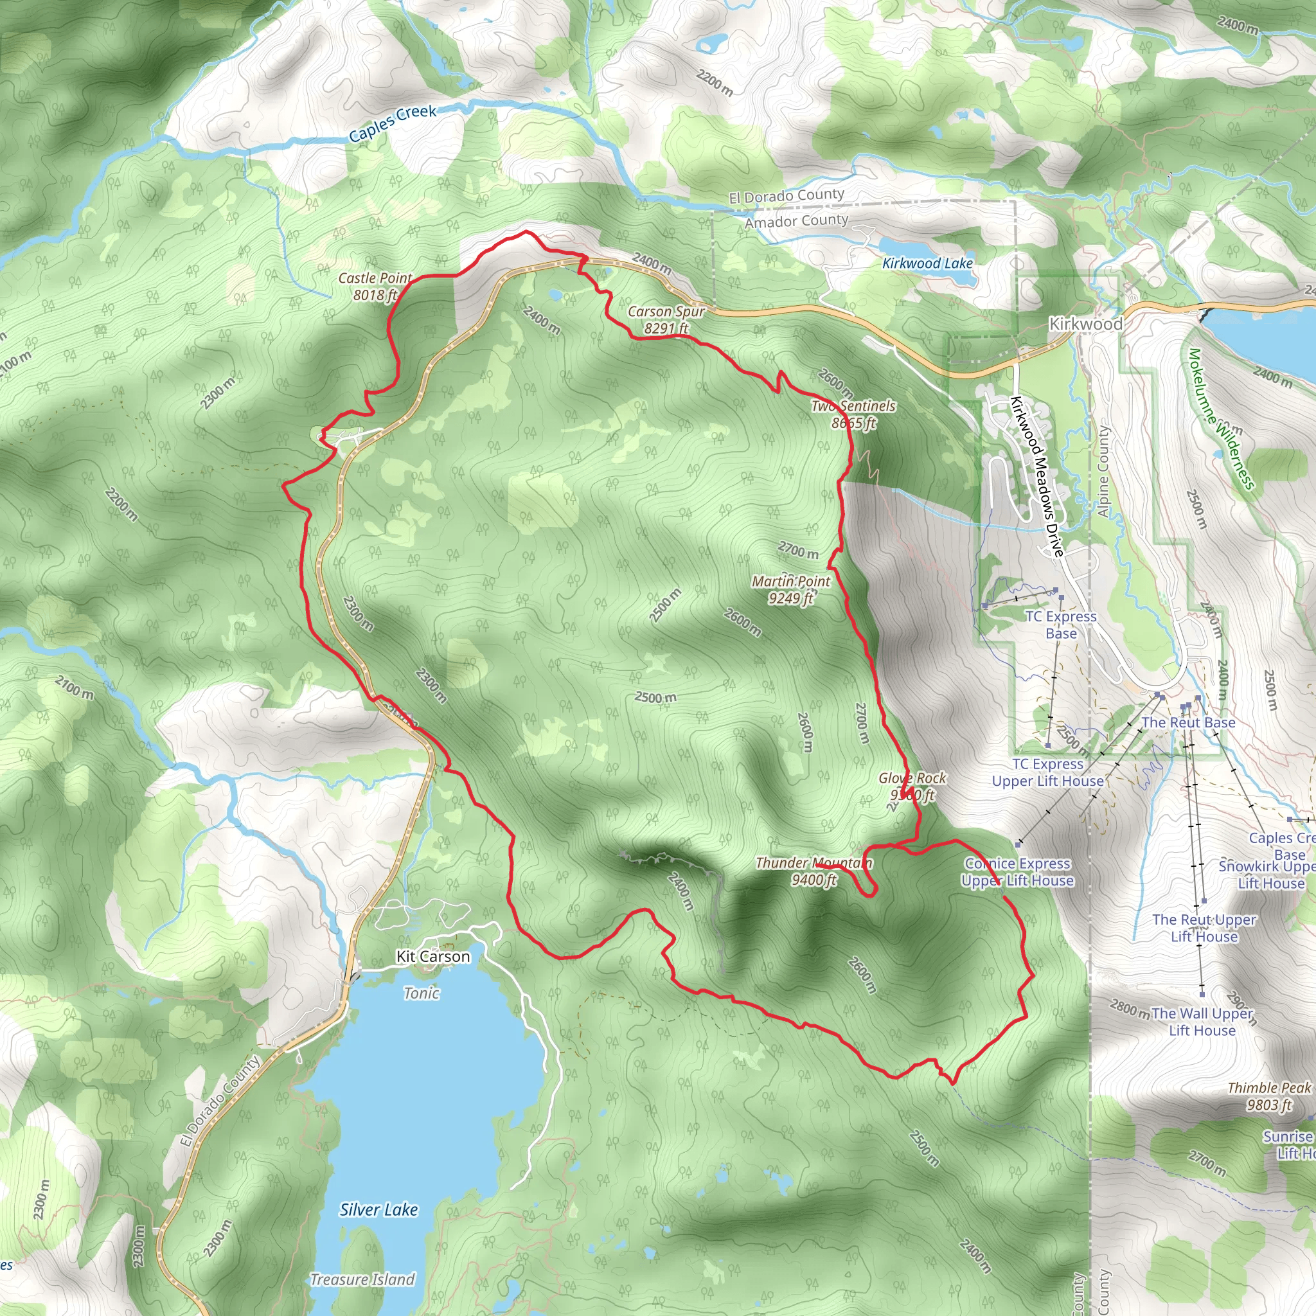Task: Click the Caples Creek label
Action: click(393, 123)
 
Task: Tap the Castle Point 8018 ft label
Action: click(375, 287)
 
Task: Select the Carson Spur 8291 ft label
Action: click(666, 319)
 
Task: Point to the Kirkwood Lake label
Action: click(927, 263)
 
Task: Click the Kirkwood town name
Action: click(1086, 325)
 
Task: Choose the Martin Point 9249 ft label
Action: click(791, 590)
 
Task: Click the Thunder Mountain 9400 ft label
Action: click(814, 871)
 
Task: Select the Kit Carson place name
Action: click(433, 956)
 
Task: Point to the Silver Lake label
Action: click(378, 1210)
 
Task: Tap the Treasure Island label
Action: click(362, 1279)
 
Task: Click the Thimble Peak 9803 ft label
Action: click(1269, 1096)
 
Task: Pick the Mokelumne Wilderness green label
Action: click(1221, 418)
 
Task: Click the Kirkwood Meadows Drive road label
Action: click(1036, 476)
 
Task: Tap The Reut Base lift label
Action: click(1188, 722)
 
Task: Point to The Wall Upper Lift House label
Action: click(1202, 1022)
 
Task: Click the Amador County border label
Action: click(796, 222)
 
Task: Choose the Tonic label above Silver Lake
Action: click(422, 993)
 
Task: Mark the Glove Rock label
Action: click(912, 786)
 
